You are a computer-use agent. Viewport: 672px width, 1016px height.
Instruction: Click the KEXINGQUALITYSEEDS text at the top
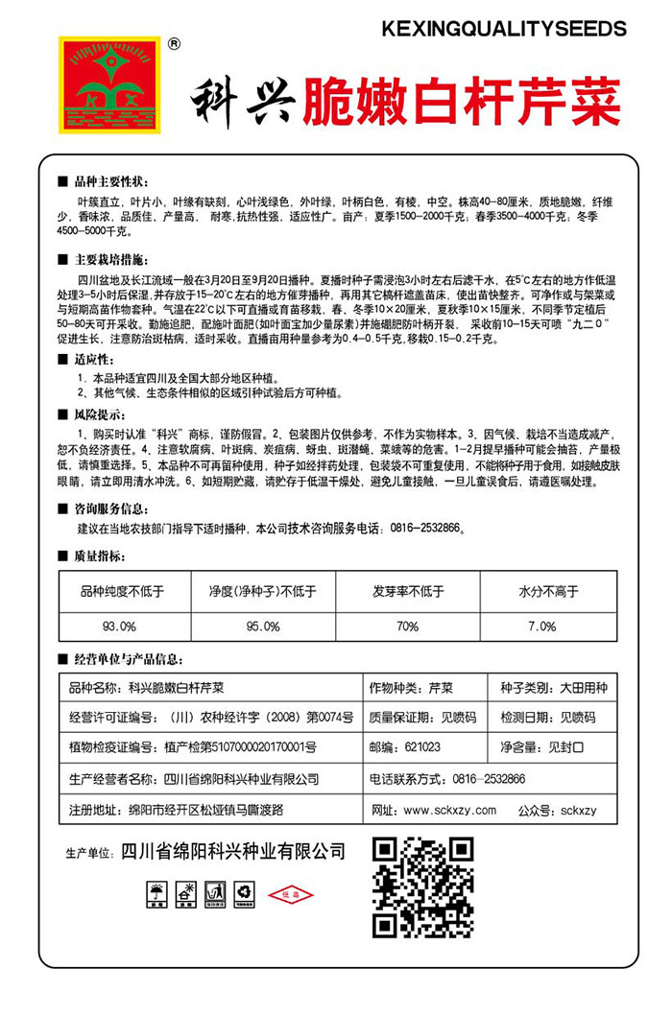point(503,30)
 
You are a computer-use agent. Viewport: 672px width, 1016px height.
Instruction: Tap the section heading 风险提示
point(103,414)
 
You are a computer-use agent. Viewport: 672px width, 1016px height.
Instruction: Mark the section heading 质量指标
point(103,555)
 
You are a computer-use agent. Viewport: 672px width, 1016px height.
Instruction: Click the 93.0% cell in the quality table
point(119,626)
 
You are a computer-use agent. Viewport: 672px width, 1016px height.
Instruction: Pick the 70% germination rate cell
point(407,626)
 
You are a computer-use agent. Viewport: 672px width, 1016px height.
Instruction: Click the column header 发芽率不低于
point(407,592)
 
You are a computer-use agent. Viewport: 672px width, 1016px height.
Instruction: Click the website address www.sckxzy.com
point(449,810)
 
